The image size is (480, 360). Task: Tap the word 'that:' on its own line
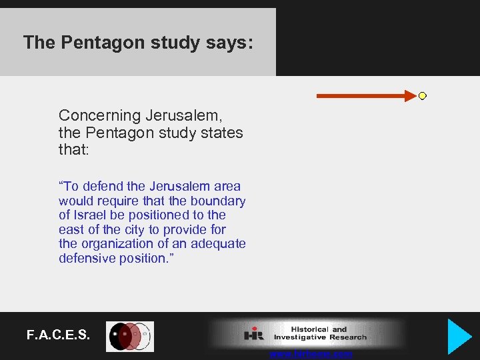73,150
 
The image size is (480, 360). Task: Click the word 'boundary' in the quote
219,201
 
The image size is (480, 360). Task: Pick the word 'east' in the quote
72,230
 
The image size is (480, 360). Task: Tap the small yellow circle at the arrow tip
422,96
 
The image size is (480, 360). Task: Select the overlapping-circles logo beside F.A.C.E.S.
131,337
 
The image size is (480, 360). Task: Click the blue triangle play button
459,336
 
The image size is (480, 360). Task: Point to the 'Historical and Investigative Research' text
319,333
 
